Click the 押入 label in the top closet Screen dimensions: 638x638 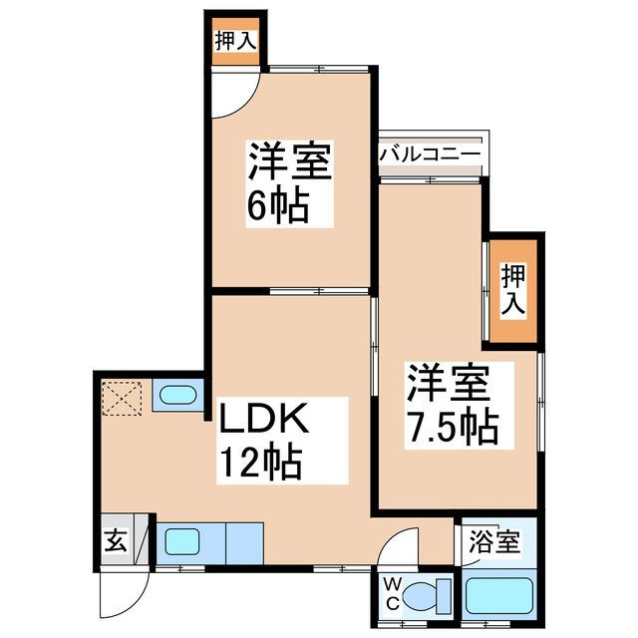coord(235,42)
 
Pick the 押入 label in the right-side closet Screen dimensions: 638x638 coord(512,289)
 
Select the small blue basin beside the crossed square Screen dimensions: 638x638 coord(176,396)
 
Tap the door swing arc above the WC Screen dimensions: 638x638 coord(401,550)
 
